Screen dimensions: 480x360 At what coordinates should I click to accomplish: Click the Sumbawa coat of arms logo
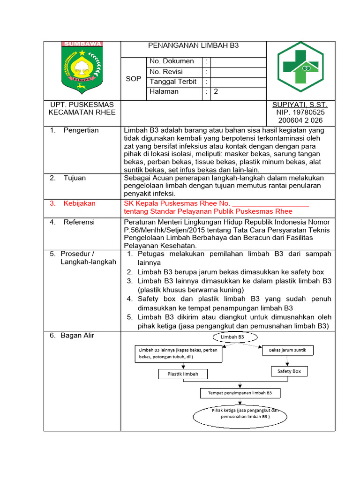tap(82, 67)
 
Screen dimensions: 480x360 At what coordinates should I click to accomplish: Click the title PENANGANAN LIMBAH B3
tap(193, 45)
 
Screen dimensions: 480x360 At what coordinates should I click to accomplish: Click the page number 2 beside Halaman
tap(216, 92)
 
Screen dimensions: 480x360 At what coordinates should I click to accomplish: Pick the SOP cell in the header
tap(133, 79)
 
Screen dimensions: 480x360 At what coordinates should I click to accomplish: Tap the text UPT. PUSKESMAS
tap(82, 105)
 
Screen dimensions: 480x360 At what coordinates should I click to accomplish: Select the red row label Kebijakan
tap(79, 203)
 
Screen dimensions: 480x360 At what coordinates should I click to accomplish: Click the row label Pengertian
tap(81, 130)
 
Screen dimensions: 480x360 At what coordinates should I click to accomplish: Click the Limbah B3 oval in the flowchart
tap(235, 337)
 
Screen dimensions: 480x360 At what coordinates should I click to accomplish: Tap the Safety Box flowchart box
tap(289, 371)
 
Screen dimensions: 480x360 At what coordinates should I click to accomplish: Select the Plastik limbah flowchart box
tap(183, 374)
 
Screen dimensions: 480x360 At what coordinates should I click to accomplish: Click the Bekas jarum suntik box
tap(288, 351)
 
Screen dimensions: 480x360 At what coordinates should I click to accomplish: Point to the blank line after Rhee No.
tap(271, 204)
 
